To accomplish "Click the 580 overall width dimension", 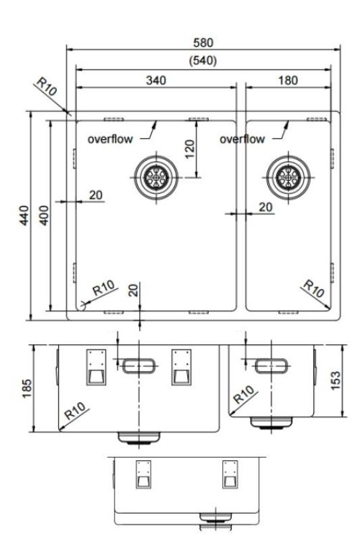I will pos(203,42).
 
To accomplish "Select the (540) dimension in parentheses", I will pos(203,60).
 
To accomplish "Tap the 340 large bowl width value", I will pos(157,79).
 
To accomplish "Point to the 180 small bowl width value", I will pos(287,79).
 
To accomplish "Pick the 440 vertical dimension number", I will pos(25,215).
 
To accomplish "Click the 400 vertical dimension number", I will pos(43,215).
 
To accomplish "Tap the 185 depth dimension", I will pos(25,388).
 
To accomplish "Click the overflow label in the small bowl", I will pos(242,139).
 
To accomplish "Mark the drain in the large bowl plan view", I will pos(156,177).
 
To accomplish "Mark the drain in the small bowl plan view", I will pos(287,177).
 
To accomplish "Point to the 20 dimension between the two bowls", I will pos(266,206).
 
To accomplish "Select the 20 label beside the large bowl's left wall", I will pos(96,194).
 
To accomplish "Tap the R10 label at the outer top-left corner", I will pos(46,88).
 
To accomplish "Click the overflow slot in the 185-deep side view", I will pos(140,365).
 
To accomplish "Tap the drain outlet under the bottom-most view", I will pos(215,520).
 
